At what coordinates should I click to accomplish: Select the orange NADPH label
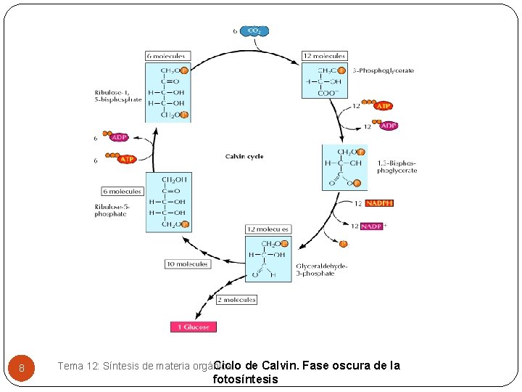pyautogui.click(x=379, y=203)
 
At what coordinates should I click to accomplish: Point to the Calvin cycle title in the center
pyautogui.click(x=244, y=156)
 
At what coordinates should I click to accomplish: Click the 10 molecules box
pyautogui.click(x=187, y=264)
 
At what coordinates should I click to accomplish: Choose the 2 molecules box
pyautogui.click(x=236, y=300)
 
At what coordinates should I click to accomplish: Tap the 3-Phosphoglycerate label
pyautogui.click(x=383, y=70)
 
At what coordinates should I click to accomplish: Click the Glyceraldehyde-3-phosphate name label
pyautogui.click(x=321, y=269)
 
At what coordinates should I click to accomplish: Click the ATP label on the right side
pyautogui.click(x=384, y=106)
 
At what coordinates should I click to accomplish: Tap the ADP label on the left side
pyautogui.click(x=120, y=137)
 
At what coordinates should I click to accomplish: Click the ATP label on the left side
pyautogui.click(x=127, y=158)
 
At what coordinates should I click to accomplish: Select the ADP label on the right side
pyautogui.click(x=389, y=126)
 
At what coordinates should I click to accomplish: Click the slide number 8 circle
pyautogui.click(x=22, y=368)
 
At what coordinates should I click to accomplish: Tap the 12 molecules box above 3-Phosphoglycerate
pyautogui.click(x=324, y=56)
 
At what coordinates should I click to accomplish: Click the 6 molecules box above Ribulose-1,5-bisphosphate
pyautogui.click(x=167, y=56)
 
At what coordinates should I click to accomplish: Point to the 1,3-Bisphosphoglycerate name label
pyautogui.click(x=397, y=167)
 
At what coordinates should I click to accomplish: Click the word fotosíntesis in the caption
pyautogui.click(x=245, y=379)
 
